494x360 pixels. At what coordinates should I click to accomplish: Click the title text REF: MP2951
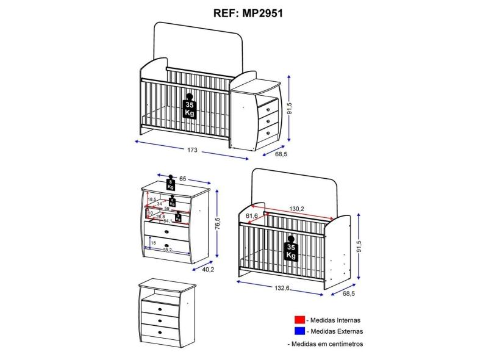pos(247,12)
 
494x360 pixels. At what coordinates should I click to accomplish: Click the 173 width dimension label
pos(193,151)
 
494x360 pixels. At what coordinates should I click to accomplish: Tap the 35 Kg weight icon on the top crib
pos(190,109)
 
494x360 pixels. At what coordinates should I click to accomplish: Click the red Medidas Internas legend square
pos(299,319)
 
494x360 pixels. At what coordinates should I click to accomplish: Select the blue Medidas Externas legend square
pos(299,331)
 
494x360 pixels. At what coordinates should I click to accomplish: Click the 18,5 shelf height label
pos(152,199)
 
